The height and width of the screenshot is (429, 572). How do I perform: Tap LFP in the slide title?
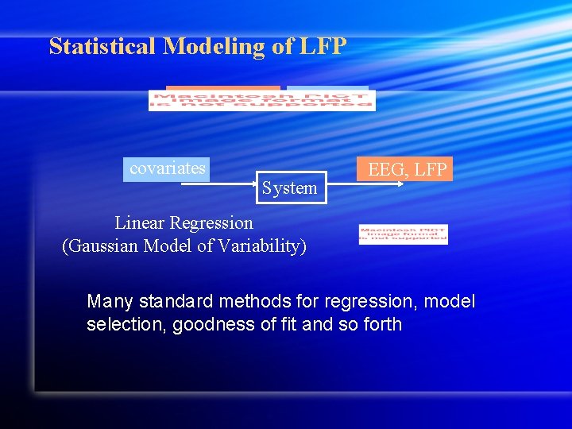(x=323, y=47)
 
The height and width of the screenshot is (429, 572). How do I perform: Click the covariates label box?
(x=167, y=169)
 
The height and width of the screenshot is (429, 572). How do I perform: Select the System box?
(x=290, y=188)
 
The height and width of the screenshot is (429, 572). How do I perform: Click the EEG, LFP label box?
(x=408, y=169)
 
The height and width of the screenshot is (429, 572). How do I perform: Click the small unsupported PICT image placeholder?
(x=403, y=234)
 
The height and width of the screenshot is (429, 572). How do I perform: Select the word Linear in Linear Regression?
(x=141, y=223)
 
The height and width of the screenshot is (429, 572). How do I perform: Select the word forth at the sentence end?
(x=381, y=325)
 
